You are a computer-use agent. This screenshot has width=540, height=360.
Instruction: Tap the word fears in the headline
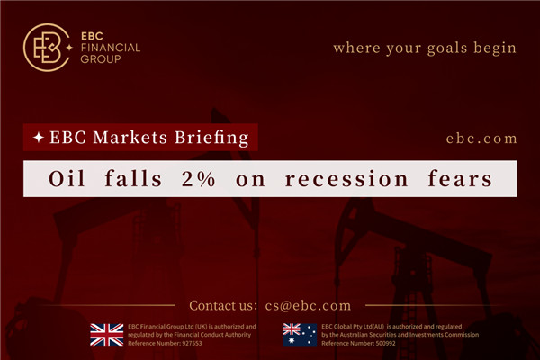[459, 179]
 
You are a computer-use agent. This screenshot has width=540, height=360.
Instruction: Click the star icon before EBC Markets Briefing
[39, 139]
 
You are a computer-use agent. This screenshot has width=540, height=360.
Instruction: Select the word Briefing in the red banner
[213, 139]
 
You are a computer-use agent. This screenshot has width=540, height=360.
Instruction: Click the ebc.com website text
[481, 139]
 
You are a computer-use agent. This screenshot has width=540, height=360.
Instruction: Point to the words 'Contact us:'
[223, 305]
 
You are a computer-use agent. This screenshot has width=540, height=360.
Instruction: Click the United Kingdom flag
[106, 335]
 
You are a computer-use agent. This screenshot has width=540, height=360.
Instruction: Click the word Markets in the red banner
[138, 139]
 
